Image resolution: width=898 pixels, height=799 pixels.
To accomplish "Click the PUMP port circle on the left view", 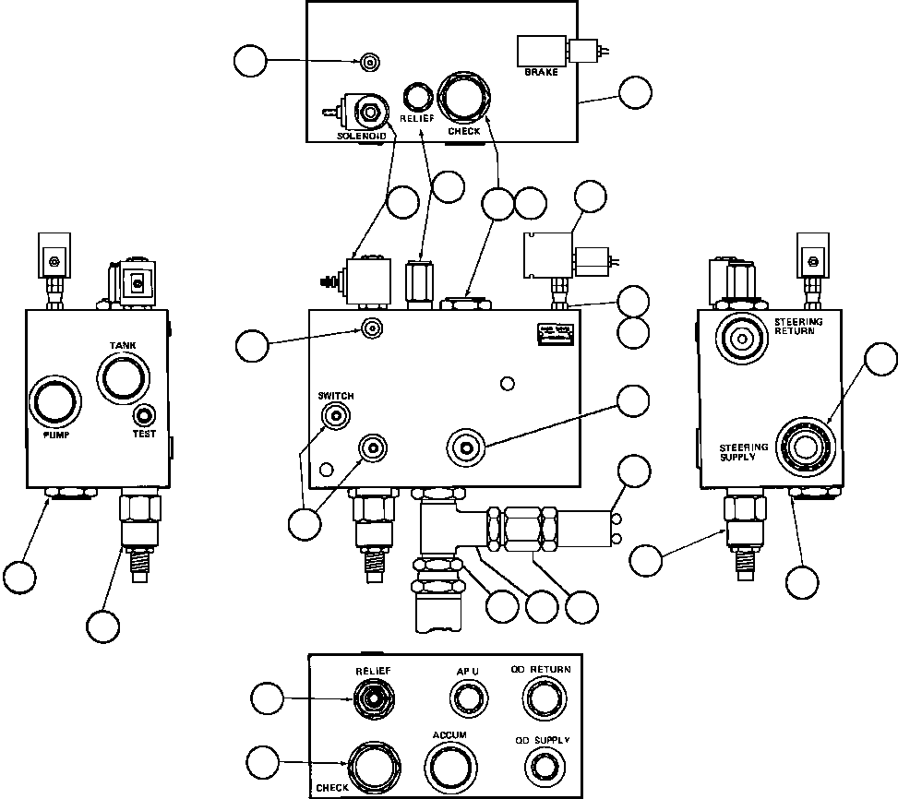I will [55, 401].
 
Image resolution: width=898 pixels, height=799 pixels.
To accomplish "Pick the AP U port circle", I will [464, 700].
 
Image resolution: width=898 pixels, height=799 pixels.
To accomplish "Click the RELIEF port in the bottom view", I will [371, 698].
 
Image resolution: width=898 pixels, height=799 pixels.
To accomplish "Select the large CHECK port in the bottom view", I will [374, 765].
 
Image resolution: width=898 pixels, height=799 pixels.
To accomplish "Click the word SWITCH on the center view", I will [335, 396].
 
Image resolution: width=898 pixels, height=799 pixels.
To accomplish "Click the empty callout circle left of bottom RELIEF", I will [269, 699].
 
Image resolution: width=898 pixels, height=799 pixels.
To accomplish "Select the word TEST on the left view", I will [144, 433].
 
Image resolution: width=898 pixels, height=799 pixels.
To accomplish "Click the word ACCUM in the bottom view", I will [449, 734].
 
